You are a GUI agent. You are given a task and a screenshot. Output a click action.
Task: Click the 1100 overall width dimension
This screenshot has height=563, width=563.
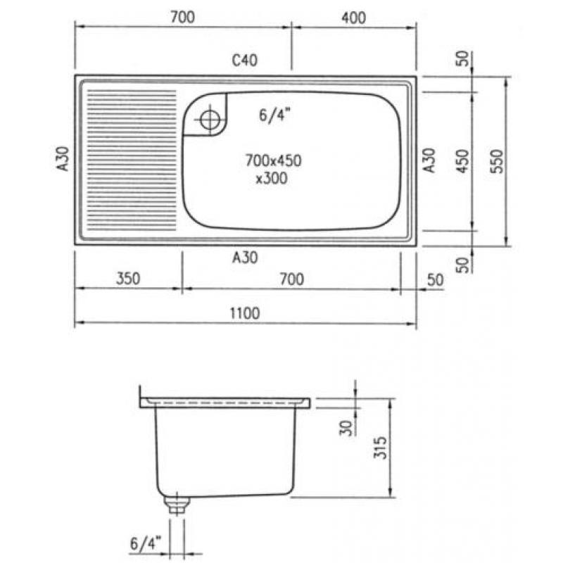244,313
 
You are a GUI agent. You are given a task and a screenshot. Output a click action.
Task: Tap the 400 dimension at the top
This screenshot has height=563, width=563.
354,18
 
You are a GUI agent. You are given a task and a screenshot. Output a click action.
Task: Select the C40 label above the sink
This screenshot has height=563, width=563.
244,61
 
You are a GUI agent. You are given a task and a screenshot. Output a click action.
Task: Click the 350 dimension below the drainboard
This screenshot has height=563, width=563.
128,279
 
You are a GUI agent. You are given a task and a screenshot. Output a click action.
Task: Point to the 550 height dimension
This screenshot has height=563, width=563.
498,161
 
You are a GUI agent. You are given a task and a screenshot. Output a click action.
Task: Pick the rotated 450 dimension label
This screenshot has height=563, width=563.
463,161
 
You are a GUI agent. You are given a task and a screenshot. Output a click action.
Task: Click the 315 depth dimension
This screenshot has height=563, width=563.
380,448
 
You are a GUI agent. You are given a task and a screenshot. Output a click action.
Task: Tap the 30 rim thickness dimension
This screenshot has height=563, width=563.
346,428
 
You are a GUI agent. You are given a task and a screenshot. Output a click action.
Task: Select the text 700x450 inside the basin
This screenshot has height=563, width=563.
273,160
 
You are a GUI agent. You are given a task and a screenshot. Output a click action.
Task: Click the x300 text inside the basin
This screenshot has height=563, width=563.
272,178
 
